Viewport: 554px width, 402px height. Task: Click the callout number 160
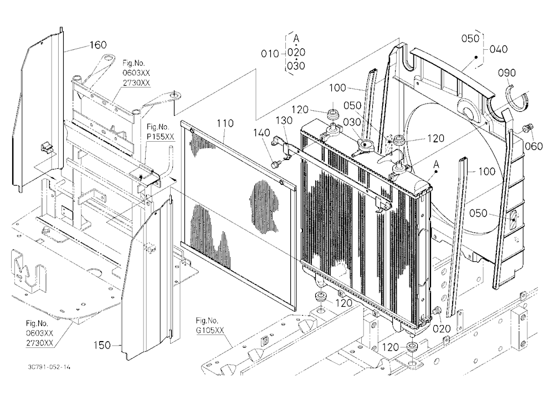point(98,45)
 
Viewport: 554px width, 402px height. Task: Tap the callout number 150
point(102,345)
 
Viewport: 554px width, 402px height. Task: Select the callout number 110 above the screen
point(225,123)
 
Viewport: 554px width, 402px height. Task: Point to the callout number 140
point(261,133)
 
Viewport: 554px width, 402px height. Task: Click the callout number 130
point(284,121)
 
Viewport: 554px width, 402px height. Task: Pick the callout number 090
point(507,73)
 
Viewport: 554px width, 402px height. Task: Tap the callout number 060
point(534,146)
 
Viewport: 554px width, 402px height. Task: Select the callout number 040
point(499,49)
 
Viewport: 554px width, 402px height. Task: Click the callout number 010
point(270,54)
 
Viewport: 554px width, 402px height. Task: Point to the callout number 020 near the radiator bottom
point(442,329)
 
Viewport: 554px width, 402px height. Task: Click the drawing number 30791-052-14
point(49,367)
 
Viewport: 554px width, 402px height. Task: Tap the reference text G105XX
point(210,331)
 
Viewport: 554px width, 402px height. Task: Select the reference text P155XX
point(161,137)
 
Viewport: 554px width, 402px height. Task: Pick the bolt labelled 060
point(528,127)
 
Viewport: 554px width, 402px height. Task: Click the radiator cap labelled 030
point(365,145)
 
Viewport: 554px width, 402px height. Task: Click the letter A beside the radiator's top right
point(437,164)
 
